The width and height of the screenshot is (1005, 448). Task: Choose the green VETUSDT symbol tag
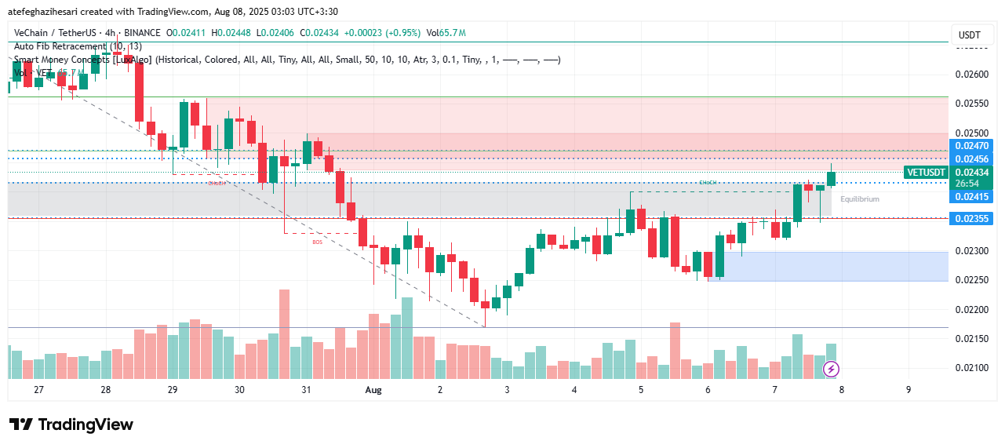coord(926,173)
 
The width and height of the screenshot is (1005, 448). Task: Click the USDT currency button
coord(970,35)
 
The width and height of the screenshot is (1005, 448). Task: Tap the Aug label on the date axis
coord(373,390)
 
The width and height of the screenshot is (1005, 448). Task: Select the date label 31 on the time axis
coord(306,390)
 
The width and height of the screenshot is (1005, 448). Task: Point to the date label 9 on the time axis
coord(909,390)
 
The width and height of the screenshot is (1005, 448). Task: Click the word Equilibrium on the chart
coord(860,199)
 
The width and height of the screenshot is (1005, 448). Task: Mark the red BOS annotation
coord(317,242)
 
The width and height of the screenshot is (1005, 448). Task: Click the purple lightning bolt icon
coord(831,369)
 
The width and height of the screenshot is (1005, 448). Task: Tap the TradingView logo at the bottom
coord(71,424)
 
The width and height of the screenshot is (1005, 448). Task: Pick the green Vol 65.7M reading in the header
coord(446,33)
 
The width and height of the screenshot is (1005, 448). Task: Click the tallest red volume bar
coord(284,334)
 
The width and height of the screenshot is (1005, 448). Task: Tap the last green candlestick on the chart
coord(831,179)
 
